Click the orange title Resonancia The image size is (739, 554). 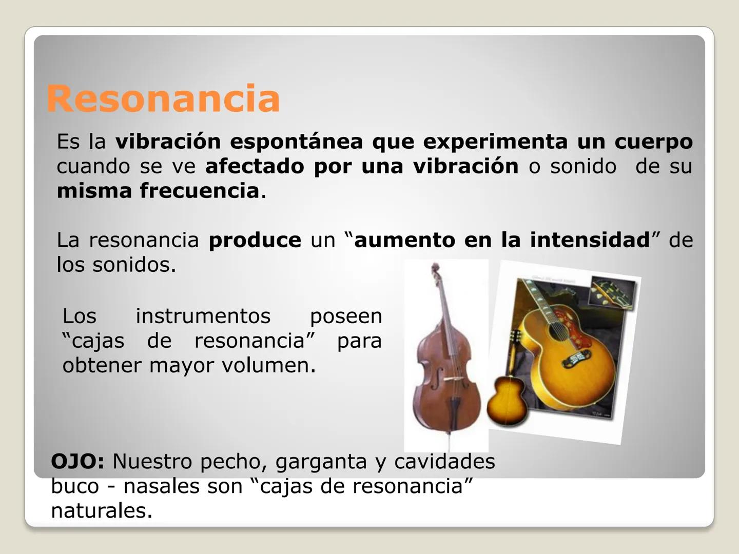[163, 98]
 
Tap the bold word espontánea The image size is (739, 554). [296, 142]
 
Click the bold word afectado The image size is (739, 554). [255, 166]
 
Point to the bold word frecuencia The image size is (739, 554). [199, 191]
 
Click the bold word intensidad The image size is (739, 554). [590, 240]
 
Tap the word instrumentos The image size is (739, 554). [203, 316]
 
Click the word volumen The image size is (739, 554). [269, 365]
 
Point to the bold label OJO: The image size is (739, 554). [77, 462]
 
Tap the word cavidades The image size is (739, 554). [444, 461]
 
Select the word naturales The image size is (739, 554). [102, 510]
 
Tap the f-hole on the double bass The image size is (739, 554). [436, 379]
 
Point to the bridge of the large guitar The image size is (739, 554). [576, 359]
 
